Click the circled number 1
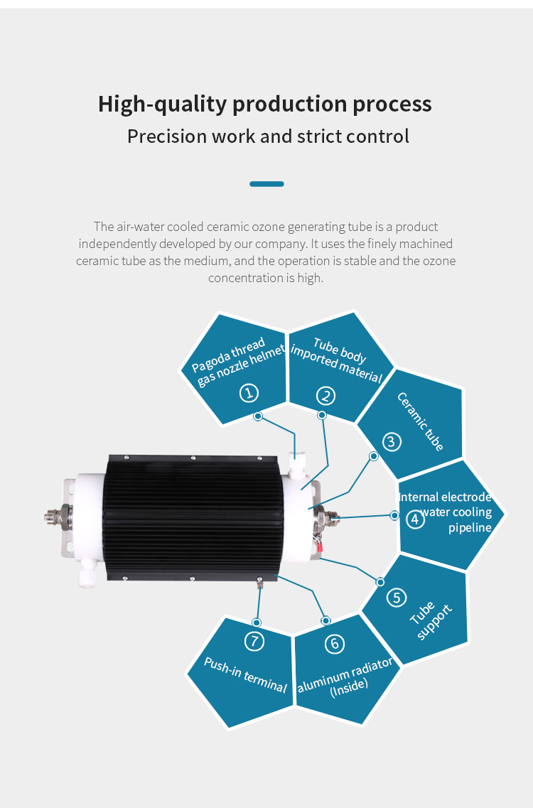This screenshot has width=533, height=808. tap(249, 393)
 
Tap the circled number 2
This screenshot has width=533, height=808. tap(325, 396)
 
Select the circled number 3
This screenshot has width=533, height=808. tap(392, 441)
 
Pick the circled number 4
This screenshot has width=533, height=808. tap(416, 519)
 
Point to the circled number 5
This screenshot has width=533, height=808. tap(397, 598)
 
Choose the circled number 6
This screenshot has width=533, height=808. tap(335, 644)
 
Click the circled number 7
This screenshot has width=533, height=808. tap(254, 641)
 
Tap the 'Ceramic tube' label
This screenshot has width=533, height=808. tap(420, 421)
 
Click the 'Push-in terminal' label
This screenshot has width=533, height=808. tap(245, 674)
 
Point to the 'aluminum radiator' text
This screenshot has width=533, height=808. tap(345, 674)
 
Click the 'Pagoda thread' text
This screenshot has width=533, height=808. tap(228, 355)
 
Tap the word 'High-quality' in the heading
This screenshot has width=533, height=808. tap(162, 104)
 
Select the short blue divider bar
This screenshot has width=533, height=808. tap(266, 184)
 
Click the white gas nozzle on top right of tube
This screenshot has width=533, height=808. tap(298, 465)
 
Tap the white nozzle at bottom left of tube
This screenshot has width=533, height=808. tap(87, 572)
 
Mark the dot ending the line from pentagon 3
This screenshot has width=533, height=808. tap(374, 456)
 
